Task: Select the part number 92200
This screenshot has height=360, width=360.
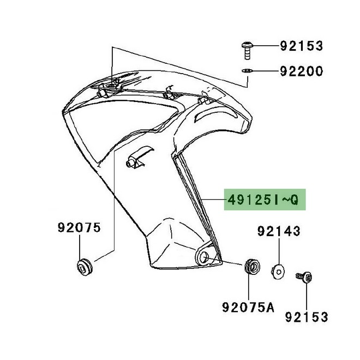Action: pos(302,71)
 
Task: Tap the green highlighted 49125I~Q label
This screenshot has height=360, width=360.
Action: pos(263,200)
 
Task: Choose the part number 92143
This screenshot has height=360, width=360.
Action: pos(279,232)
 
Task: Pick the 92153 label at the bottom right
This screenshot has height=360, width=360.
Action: pos(306,316)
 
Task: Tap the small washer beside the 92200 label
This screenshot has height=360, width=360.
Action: pos(246,71)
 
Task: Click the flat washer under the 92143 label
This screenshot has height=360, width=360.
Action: pos(278,270)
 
